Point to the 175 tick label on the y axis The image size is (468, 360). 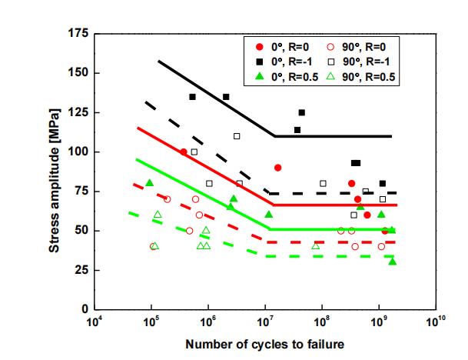tap(77, 34)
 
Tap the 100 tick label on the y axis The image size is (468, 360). tap(77, 152)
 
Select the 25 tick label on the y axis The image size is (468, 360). tap(79, 270)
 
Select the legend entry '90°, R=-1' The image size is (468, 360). tap(367, 62)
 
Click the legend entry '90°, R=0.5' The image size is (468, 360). tap(371, 76)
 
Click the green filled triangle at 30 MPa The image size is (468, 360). tap(392, 262)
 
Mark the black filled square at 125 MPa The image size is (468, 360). tap(301, 113)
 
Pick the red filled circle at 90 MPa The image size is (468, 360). tap(277, 168)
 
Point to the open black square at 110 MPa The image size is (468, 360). tap(237, 136)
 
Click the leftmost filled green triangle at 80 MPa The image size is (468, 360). tap(149, 182)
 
